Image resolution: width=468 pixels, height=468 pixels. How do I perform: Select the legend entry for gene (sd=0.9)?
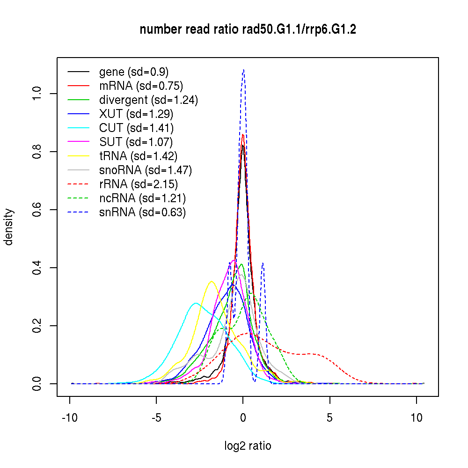(x=134, y=72)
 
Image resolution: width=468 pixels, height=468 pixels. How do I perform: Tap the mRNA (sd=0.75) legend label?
(x=141, y=86)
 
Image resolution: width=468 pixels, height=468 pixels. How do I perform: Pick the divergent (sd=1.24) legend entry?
(x=148, y=100)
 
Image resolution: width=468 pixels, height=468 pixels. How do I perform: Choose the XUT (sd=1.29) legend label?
(x=136, y=114)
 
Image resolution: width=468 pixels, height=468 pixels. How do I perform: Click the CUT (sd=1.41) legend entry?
(x=136, y=128)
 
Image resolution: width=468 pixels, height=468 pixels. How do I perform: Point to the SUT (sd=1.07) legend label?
(x=136, y=142)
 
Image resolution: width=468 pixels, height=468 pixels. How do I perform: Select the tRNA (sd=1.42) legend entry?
(x=139, y=156)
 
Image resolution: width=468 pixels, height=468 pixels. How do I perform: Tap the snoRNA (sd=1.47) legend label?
(x=146, y=170)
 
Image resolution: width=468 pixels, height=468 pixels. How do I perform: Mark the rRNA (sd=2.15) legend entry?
(x=139, y=184)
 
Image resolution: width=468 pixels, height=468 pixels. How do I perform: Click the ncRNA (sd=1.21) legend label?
(x=142, y=198)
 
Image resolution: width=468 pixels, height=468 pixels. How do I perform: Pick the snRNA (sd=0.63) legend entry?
(x=142, y=212)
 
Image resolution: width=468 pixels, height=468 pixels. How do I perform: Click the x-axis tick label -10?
(x=70, y=418)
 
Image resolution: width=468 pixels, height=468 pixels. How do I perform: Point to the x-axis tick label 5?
(x=330, y=418)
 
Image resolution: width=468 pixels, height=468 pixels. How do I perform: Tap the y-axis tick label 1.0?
(x=38, y=94)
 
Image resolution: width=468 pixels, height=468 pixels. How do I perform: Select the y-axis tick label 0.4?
(x=38, y=268)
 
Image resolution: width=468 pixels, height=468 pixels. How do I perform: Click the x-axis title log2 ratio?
(x=248, y=446)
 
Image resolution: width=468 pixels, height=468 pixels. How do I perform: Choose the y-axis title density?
(x=9, y=227)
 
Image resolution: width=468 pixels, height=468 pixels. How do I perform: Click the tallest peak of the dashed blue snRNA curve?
(x=243, y=70)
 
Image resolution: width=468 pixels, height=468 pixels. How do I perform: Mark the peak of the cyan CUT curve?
(x=196, y=303)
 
